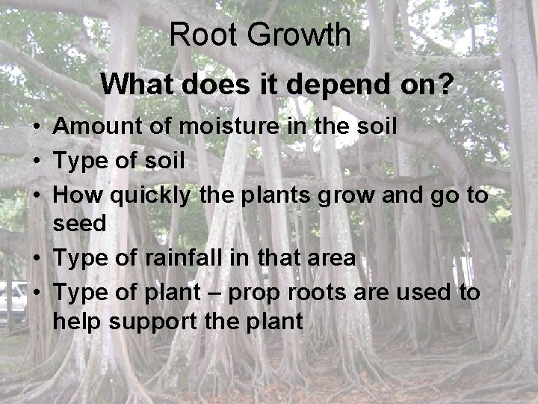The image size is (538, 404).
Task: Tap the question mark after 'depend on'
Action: (445, 85)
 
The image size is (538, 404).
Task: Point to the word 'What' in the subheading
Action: (135, 85)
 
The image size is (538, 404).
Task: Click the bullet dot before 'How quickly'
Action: (36, 196)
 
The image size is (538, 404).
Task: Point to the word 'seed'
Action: (79, 224)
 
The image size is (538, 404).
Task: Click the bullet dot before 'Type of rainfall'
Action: (36, 259)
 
